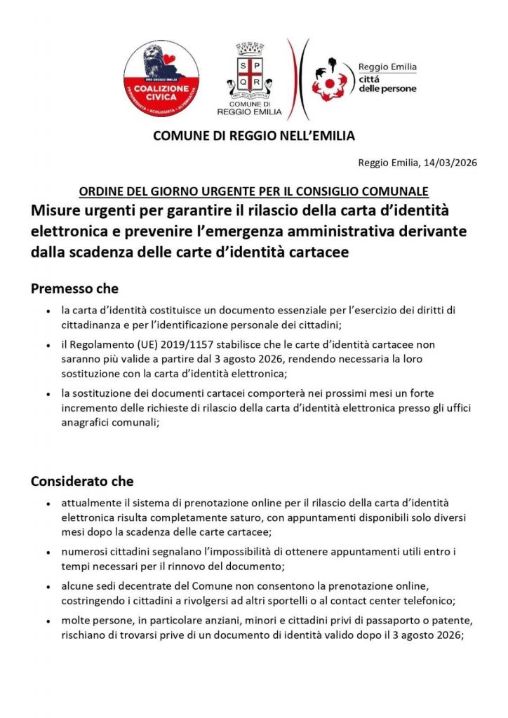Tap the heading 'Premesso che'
point(74,288)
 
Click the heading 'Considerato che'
point(82,482)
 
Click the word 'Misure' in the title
point(57,211)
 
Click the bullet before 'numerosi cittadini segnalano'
point(47,553)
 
